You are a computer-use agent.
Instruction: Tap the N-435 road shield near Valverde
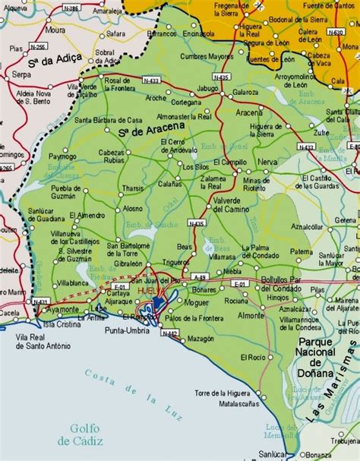click(196, 223)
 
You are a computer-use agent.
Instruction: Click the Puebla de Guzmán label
click(49, 192)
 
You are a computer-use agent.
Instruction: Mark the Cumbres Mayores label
click(207, 56)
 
